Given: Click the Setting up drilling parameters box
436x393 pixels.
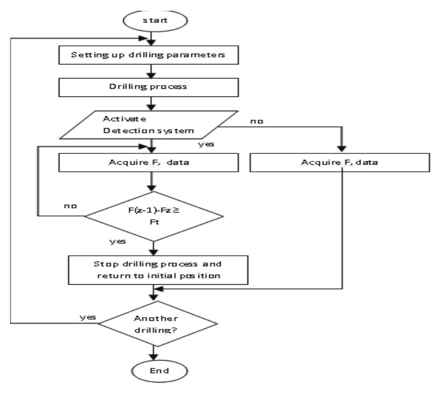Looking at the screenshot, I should (x=154, y=55).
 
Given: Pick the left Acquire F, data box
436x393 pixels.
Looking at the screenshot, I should (x=154, y=164).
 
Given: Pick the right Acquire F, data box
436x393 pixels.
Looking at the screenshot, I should (x=340, y=164).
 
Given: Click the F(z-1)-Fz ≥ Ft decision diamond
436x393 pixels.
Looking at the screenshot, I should (x=154, y=215).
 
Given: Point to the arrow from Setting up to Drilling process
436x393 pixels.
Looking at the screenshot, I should (x=154, y=71).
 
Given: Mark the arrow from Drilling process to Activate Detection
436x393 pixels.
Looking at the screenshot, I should (x=154, y=103).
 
